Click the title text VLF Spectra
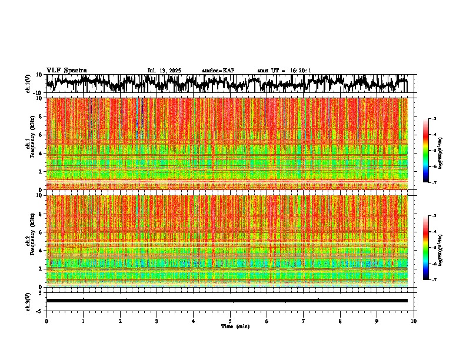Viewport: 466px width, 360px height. click(x=66, y=70)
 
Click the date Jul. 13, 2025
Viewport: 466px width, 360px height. click(x=164, y=71)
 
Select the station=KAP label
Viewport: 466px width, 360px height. click(x=218, y=71)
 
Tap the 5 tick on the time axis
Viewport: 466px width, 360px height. click(x=230, y=321)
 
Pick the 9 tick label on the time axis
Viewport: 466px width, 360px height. click(x=377, y=321)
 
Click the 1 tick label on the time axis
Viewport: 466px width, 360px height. click(x=83, y=321)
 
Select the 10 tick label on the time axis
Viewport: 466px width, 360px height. click(x=414, y=321)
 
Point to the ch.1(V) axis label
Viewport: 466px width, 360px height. click(x=28, y=84)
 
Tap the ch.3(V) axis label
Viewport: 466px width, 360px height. click(x=28, y=301)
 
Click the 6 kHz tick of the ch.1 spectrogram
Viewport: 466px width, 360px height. click(x=41, y=135)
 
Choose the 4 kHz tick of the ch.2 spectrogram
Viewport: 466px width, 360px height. click(x=41, y=251)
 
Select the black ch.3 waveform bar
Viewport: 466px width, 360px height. click(x=227, y=301)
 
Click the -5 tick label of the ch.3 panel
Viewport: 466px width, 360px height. click(x=40, y=310)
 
